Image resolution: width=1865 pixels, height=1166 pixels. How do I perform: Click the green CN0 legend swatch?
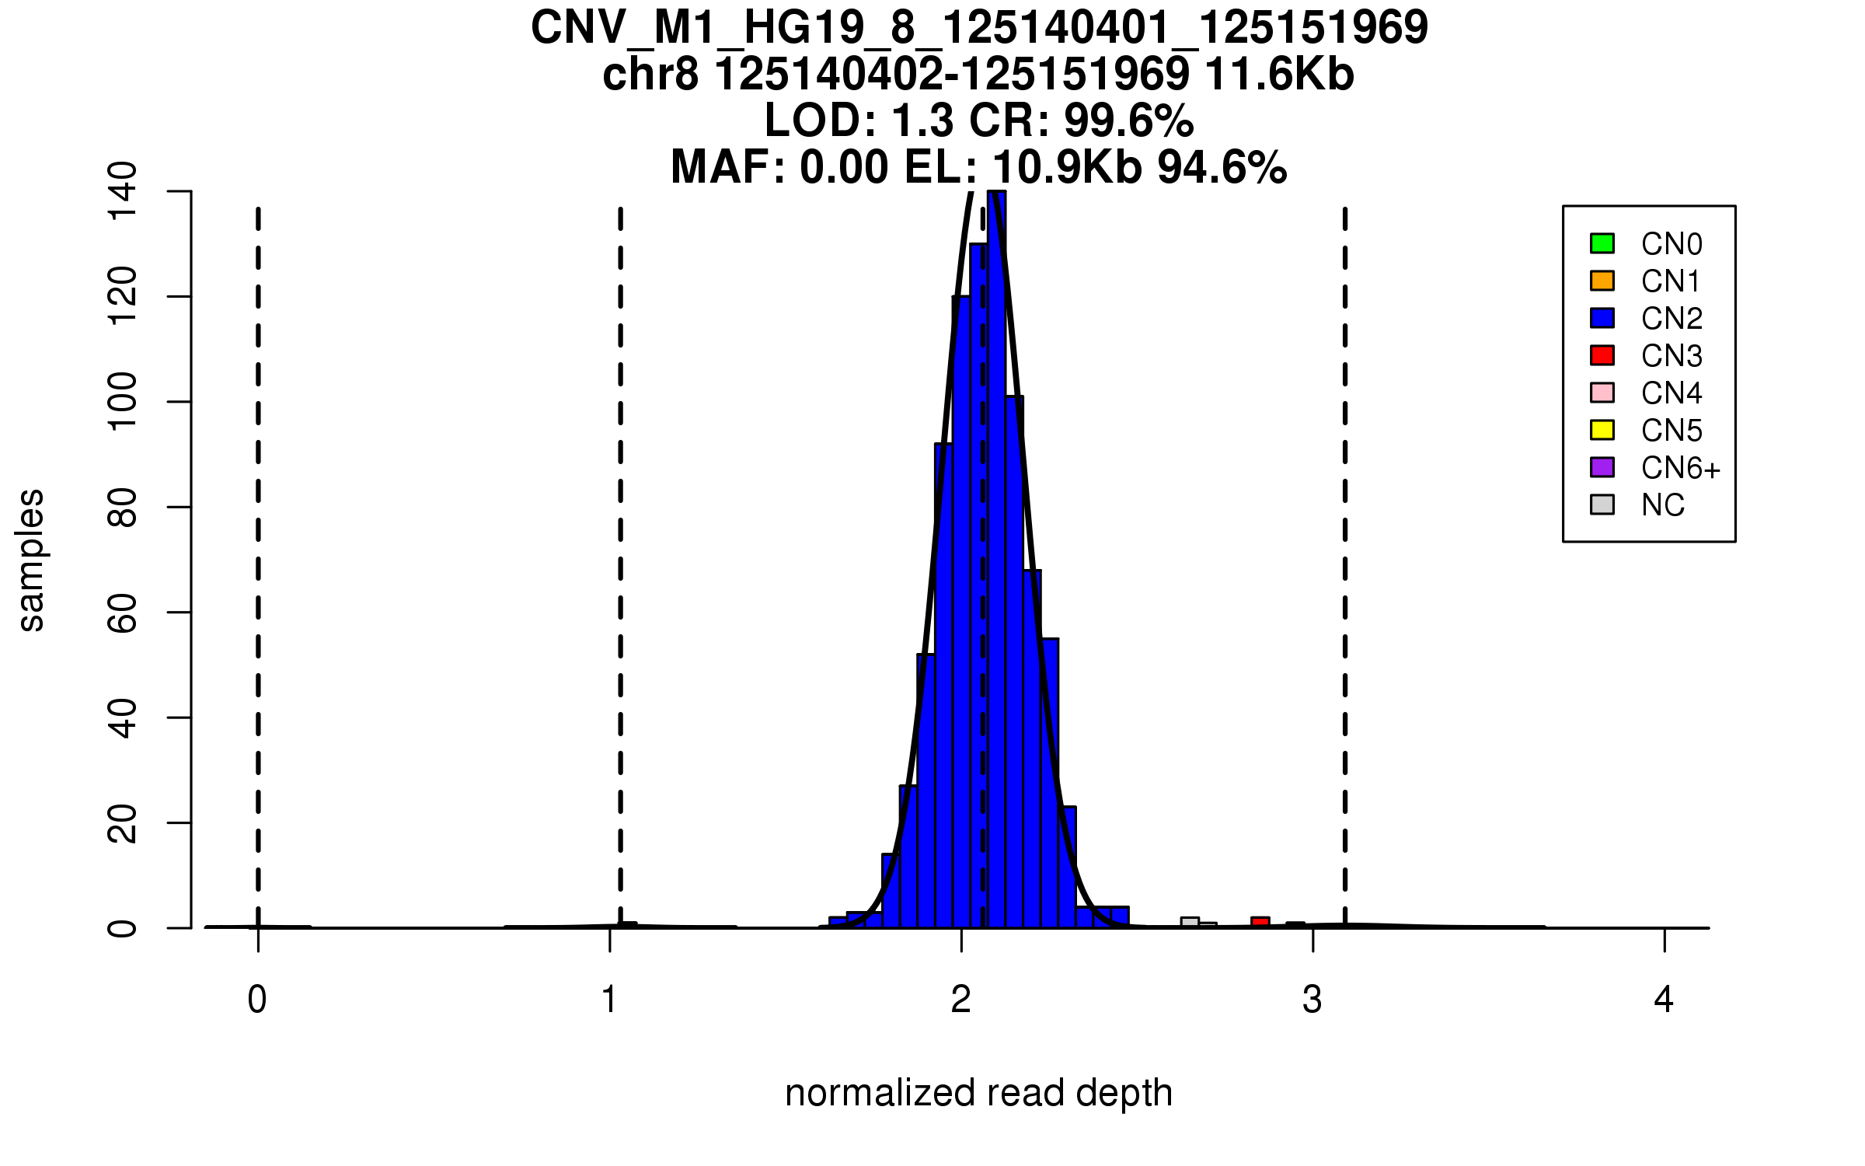click(x=1602, y=243)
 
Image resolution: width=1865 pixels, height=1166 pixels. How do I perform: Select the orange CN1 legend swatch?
click(x=1602, y=281)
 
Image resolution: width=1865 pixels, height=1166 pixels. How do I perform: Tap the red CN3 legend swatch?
click(x=1602, y=355)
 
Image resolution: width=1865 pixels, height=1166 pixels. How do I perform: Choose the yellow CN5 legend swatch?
click(x=1602, y=430)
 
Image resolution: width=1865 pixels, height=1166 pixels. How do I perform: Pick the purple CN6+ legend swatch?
click(x=1602, y=467)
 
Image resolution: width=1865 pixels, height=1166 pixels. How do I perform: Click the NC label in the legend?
click(x=1663, y=505)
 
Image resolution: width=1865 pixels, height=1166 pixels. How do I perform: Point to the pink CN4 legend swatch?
click(x=1602, y=393)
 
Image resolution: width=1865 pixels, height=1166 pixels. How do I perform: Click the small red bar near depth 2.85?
click(x=1260, y=923)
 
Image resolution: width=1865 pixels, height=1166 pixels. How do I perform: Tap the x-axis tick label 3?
click(x=1312, y=1000)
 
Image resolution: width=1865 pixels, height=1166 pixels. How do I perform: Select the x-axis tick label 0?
click(x=257, y=1000)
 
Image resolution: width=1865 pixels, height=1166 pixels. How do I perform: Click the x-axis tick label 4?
click(x=1664, y=1000)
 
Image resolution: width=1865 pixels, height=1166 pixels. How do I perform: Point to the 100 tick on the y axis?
click(x=123, y=402)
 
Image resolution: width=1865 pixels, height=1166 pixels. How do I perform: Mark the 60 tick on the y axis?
click(x=123, y=613)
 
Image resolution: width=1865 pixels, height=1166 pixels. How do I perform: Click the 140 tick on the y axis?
click(x=123, y=191)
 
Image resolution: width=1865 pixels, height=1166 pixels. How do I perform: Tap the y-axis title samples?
click(x=31, y=560)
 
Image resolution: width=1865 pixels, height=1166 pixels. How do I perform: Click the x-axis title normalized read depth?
click(x=978, y=1093)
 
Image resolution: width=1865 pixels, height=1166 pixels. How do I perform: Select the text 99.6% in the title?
click(x=1128, y=121)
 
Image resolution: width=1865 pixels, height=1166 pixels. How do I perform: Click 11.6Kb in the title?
click(x=1279, y=75)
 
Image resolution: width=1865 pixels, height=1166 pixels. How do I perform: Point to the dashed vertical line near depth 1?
click(x=620, y=544)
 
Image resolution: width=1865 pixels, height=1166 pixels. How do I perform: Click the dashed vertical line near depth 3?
click(x=1345, y=544)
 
